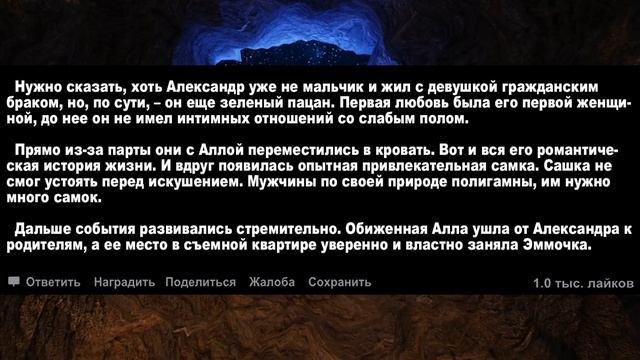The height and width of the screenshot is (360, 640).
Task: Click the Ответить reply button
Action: pyautogui.click(x=52, y=282)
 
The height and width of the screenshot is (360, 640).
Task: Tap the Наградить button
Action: pyautogui.click(x=124, y=282)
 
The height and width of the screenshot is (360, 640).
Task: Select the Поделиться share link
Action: pyautogui.click(x=201, y=282)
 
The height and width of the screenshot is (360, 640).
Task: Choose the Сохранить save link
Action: pyautogui.click(x=340, y=282)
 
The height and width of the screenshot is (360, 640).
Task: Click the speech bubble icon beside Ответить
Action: pyautogui.click(x=14, y=282)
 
